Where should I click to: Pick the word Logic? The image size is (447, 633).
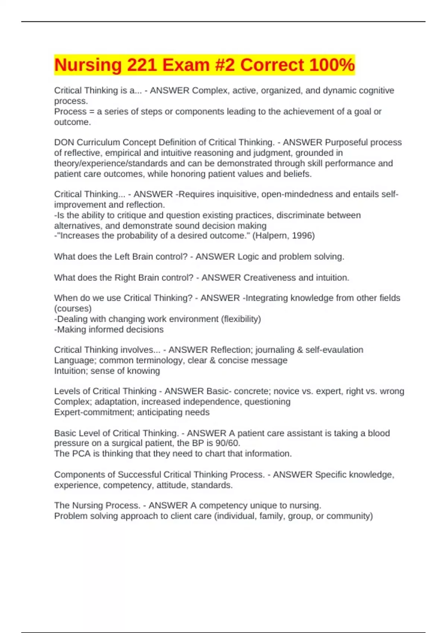tap(248, 257)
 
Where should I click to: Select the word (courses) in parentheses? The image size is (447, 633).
tap(73, 308)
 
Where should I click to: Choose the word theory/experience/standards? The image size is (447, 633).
tap(111, 163)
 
